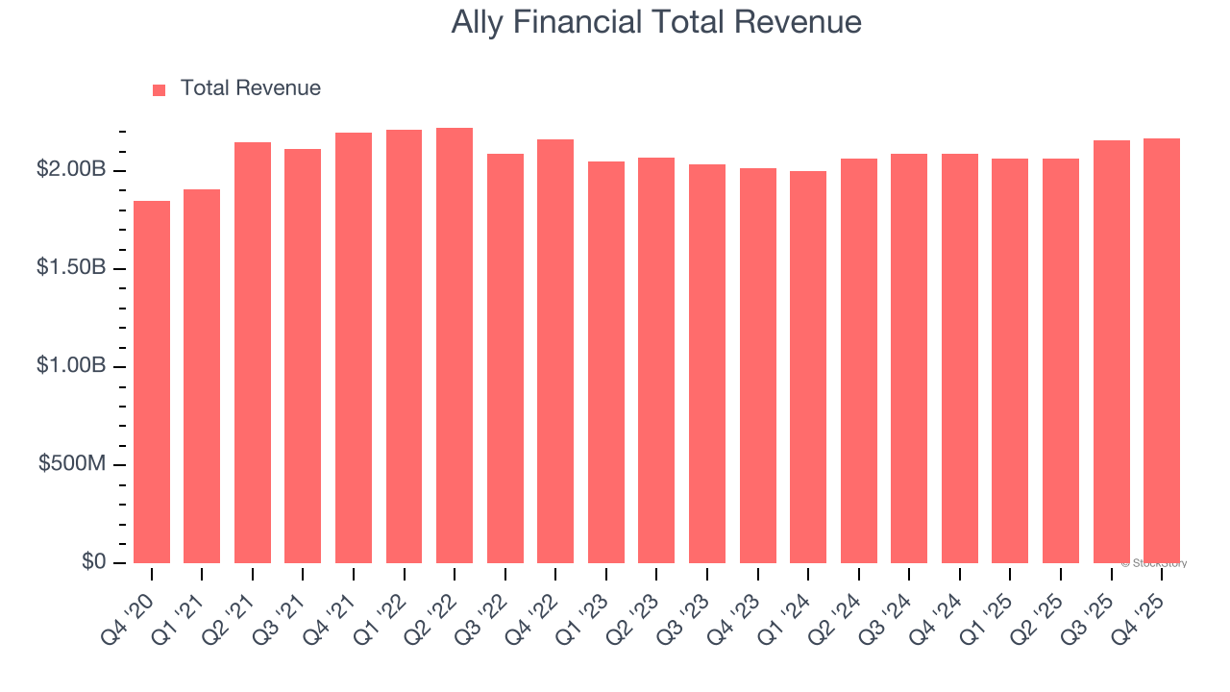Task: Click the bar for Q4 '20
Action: tap(152, 382)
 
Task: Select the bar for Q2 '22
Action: tap(455, 345)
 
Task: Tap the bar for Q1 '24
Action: tap(808, 367)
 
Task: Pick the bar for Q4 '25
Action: tap(1162, 351)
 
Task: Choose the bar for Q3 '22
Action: tap(505, 358)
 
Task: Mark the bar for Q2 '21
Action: tap(253, 353)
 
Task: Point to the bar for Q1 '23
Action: tap(606, 362)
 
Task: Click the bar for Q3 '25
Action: tap(1111, 352)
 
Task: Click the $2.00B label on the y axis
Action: tap(71, 169)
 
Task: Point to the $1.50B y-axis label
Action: tap(71, 267)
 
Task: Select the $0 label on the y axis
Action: tap(93, 561)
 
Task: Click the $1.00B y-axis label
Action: tap(71, 365)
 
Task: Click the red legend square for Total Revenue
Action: tap(160, 89)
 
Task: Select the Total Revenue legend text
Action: tap(250, 88)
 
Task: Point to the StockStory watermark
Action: tap(1154, 563)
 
